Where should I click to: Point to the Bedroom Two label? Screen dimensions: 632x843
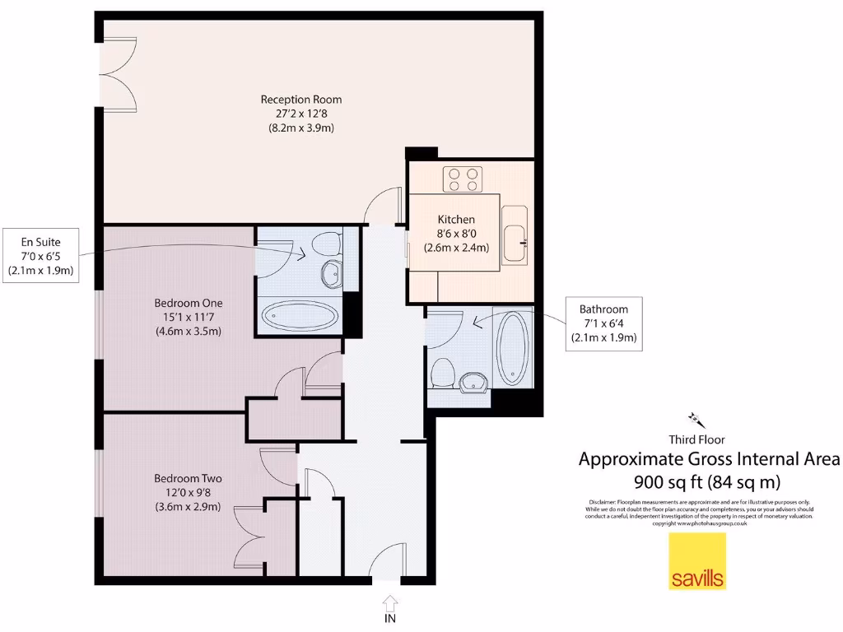(188, 492)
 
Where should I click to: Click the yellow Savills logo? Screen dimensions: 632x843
(696, 560)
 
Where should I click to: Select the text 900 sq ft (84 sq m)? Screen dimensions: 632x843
(707, 481)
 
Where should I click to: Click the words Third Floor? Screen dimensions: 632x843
(696, 439)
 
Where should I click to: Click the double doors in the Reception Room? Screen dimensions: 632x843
(117, 70)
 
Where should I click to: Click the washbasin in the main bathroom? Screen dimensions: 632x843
(473, 381)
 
